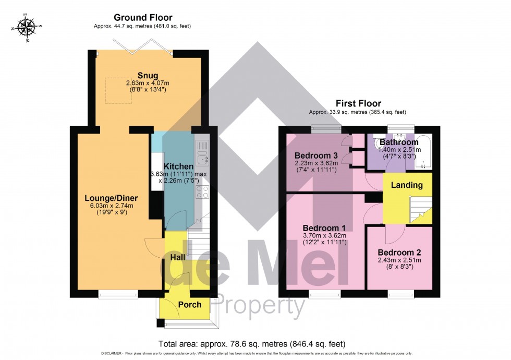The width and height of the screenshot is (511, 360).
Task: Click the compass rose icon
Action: pos(26,26)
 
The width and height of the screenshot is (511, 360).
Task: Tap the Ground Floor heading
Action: pos(143,18)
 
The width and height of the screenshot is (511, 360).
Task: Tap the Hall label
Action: pos(177,257)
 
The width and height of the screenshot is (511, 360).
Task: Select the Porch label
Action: pos(190,304)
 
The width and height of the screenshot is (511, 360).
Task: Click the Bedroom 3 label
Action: pos(316,155)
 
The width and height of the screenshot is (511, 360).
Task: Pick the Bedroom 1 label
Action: pos(324,227)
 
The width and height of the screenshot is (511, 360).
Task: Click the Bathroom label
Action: pos(398,142)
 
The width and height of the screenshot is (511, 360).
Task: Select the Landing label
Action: pos(407,185)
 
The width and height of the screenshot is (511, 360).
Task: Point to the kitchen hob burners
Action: pos(202,191)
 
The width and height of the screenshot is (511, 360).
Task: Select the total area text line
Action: pos(251,344)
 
